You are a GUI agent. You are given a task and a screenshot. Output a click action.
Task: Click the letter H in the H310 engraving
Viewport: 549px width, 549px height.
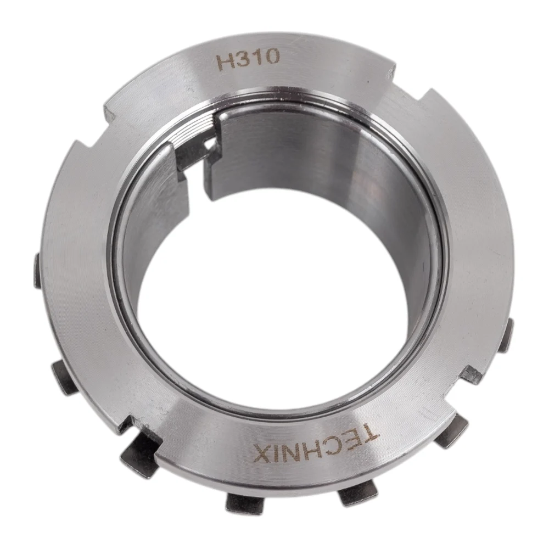[226, 63]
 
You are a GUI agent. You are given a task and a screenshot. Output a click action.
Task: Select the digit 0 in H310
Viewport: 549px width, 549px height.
[272, 56]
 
